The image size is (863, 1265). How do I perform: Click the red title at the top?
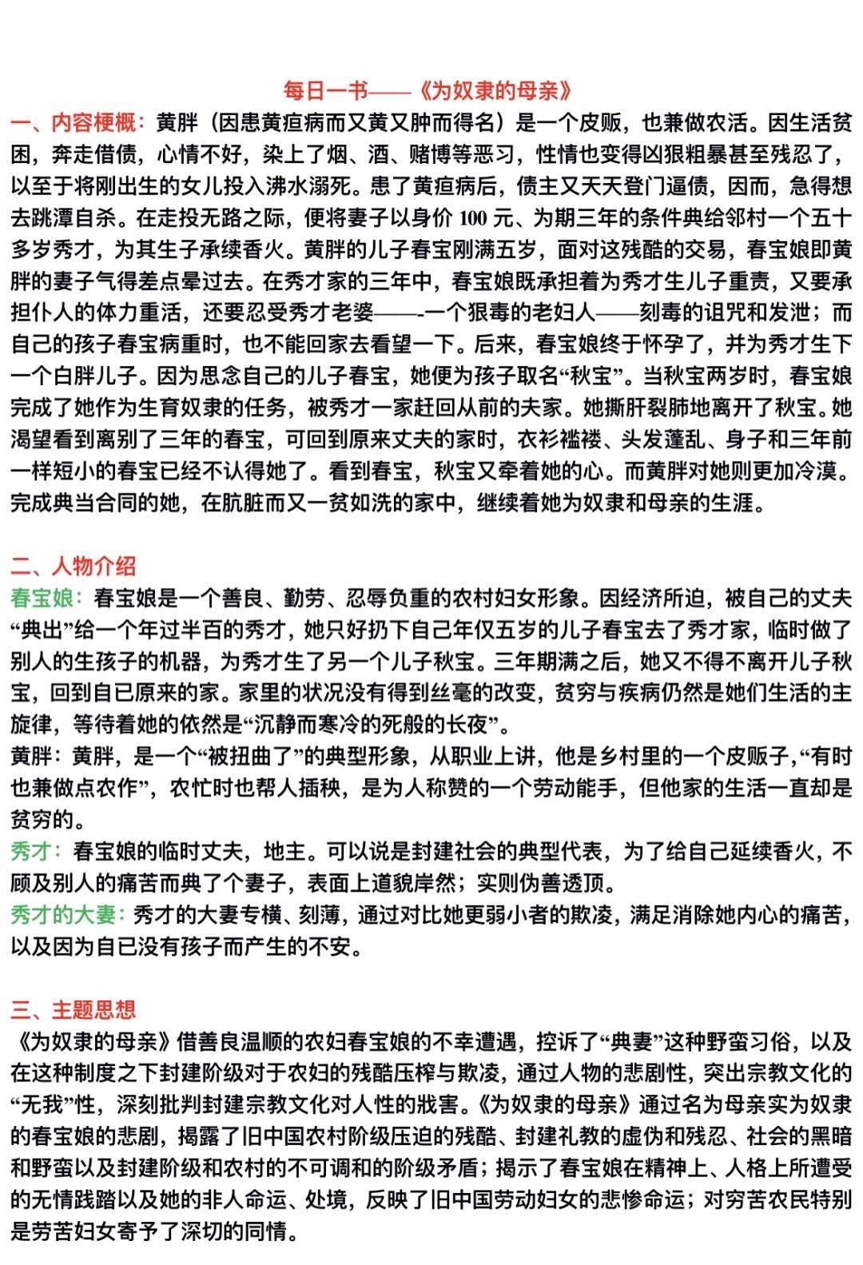(429, 90)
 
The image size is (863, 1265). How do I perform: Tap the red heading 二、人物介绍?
(74, 566)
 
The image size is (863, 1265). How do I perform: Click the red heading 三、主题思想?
(74, 1009)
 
